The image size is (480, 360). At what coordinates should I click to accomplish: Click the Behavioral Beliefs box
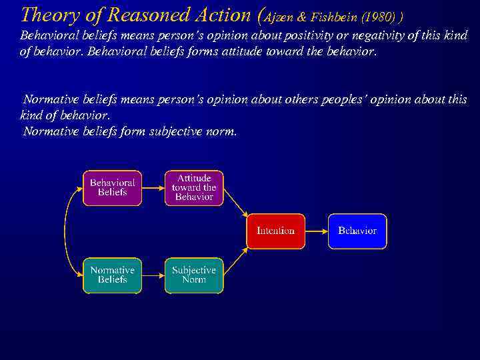pos(112,187)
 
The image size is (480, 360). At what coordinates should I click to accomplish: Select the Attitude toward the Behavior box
pos(194,187)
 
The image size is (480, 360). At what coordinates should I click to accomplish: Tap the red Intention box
pos(275,231)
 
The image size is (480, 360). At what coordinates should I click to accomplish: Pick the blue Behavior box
pos(357,231)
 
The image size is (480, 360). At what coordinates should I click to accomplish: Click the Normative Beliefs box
pos(112,275)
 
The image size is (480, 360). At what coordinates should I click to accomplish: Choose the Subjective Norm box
pos(194,275)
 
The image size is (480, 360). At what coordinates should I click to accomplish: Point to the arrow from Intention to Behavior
pos(316,231)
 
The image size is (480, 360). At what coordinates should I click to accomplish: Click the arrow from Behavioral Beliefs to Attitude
pos(153,187)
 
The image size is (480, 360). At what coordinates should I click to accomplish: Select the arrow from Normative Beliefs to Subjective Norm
pos(153,275)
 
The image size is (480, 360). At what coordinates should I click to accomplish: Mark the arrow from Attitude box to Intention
pos(235,202)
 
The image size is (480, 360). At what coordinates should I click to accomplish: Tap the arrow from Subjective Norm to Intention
pos(235,260)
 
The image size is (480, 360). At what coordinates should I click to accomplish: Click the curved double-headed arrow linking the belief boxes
pos(65,231)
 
